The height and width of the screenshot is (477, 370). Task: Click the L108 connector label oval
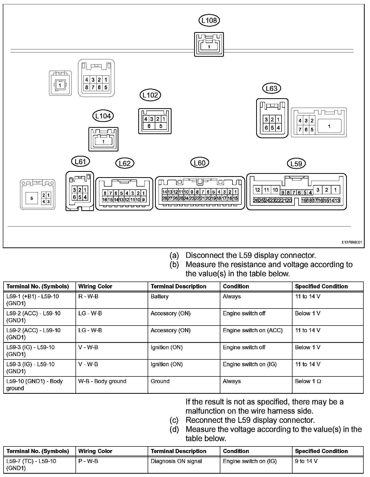(x=209, y=20)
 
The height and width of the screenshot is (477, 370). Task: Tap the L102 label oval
(x=150, y=95)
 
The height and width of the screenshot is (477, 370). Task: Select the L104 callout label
(x=103, y=116)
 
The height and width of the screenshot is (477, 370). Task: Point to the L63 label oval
(x=271, y=88)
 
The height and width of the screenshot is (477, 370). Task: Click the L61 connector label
(x=81, y=161)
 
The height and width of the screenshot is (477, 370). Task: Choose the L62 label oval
(x=125, y=163)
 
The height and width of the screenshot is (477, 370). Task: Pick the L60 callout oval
(x=199, y=163)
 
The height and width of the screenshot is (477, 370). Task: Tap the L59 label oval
(x=296, y=163)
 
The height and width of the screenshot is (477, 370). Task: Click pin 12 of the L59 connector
(x=258, y=190)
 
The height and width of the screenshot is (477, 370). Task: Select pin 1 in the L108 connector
(x=209, y=47)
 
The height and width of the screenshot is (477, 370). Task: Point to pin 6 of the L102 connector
(x=149, y=126)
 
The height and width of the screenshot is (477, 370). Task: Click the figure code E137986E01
(x=351, y=243)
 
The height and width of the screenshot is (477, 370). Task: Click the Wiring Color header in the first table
(x=95, y=286)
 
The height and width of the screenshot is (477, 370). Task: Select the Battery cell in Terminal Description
(x=160, y=297)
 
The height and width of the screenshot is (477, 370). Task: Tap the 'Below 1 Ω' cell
(x=308, y=381)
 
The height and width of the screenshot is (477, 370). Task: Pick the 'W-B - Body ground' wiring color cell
(x=102, y=381)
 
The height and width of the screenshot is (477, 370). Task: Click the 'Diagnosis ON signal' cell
(x=176, y=461)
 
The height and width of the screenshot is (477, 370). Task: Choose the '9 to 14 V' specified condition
(x=306, y=461)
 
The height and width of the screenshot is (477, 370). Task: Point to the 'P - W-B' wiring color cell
(x=88, y=461)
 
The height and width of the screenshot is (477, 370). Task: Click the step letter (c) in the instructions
(x=174, y=420)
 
